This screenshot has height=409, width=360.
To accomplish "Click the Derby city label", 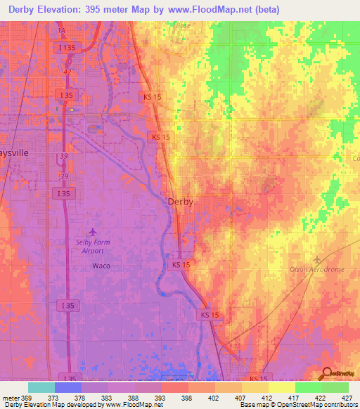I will click(x=180, y=201).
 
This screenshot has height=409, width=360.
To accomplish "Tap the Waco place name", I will click(x=101, y=266).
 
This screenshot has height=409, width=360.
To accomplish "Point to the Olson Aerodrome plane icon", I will click(x=316, y=259).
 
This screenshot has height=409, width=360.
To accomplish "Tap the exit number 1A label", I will click(x=61, y=32).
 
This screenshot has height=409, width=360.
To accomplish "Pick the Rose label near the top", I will click(x=184, y=25).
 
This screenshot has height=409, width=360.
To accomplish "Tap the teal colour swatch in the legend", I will click(x=41, y=387).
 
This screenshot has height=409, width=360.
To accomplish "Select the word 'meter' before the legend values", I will click(x=11, y=398).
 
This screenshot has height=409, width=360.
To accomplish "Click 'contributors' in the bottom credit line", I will click(x=340, y=405).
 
